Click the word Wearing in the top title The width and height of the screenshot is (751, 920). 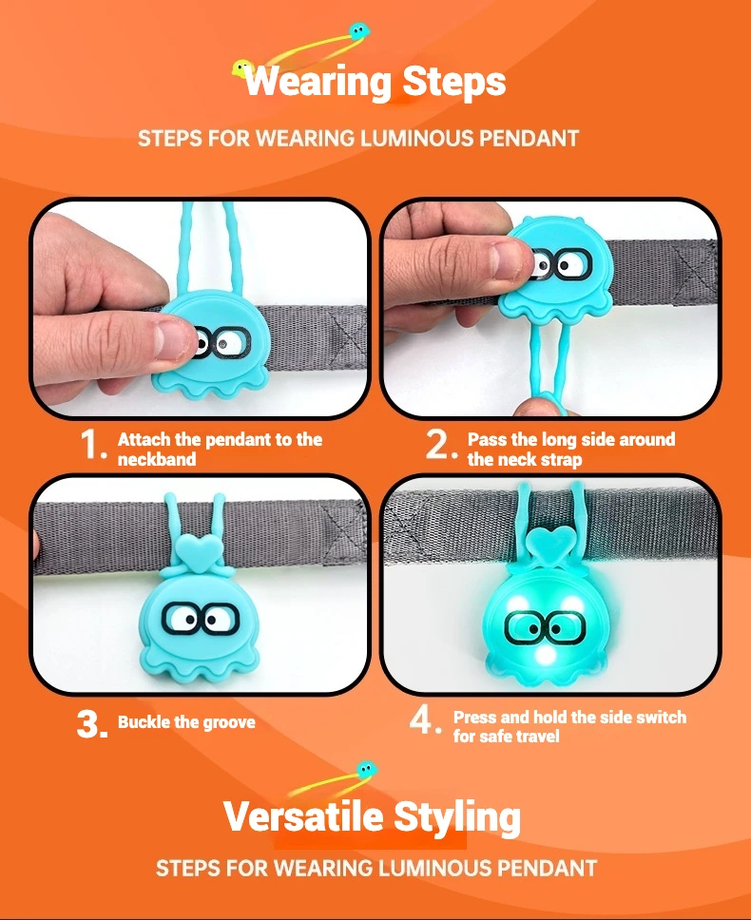(318, 81)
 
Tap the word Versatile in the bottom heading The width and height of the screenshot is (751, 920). (303, 816)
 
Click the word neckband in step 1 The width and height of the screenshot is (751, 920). (157, 459)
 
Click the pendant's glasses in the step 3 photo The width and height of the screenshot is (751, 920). (200, 618)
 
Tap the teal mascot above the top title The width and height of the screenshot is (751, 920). (359, 30)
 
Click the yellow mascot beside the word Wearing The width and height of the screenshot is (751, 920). (241, 68)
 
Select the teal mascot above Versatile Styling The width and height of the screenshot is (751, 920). (366, 769)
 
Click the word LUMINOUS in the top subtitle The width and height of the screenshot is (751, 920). (416, 139)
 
